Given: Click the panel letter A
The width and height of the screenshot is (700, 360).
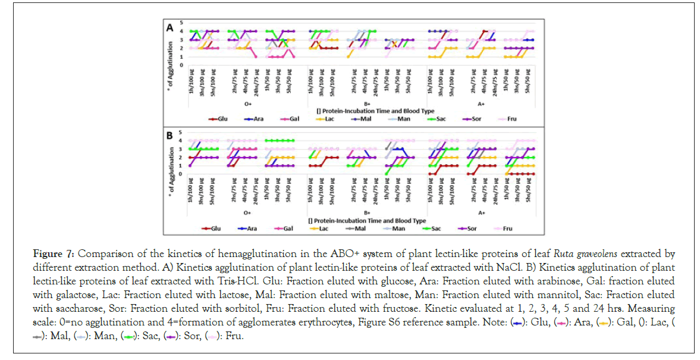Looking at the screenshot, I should tap(170, 27).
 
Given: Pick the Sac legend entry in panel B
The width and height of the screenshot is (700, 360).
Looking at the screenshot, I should tap(437, 227).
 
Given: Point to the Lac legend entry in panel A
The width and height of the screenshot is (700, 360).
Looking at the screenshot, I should tap(329, 118).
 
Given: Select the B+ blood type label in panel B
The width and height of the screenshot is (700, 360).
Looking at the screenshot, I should tap(368, 211).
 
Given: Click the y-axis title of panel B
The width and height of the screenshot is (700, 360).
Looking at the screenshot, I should tap(171, 173).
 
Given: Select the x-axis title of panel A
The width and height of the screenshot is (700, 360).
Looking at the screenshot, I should tap(367, 110).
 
